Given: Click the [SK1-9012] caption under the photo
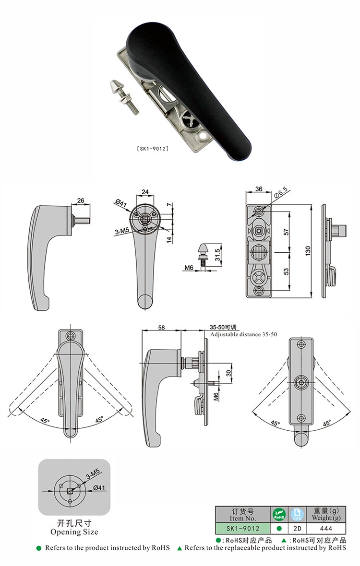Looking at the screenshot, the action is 153,148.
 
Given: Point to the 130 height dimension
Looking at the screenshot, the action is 308,251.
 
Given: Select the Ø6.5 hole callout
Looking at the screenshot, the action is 281,192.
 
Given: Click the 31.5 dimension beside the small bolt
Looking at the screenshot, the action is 217,255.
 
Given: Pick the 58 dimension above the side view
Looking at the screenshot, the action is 161,328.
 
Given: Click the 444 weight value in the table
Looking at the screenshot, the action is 326,529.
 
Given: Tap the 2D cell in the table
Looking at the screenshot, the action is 297,529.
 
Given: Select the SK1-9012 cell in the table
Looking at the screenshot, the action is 243,529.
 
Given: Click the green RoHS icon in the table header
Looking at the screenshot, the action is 279,514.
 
